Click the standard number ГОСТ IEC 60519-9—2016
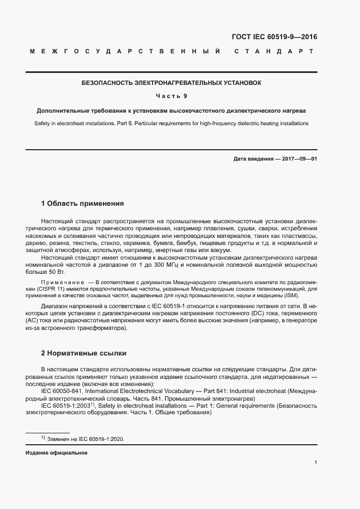274,37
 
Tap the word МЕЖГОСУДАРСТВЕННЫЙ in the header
125,52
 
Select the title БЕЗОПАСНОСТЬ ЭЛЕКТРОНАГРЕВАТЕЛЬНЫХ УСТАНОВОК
172,83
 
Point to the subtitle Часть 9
172,96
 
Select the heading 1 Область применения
83,204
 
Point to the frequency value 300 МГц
162,264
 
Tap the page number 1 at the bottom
316,463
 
